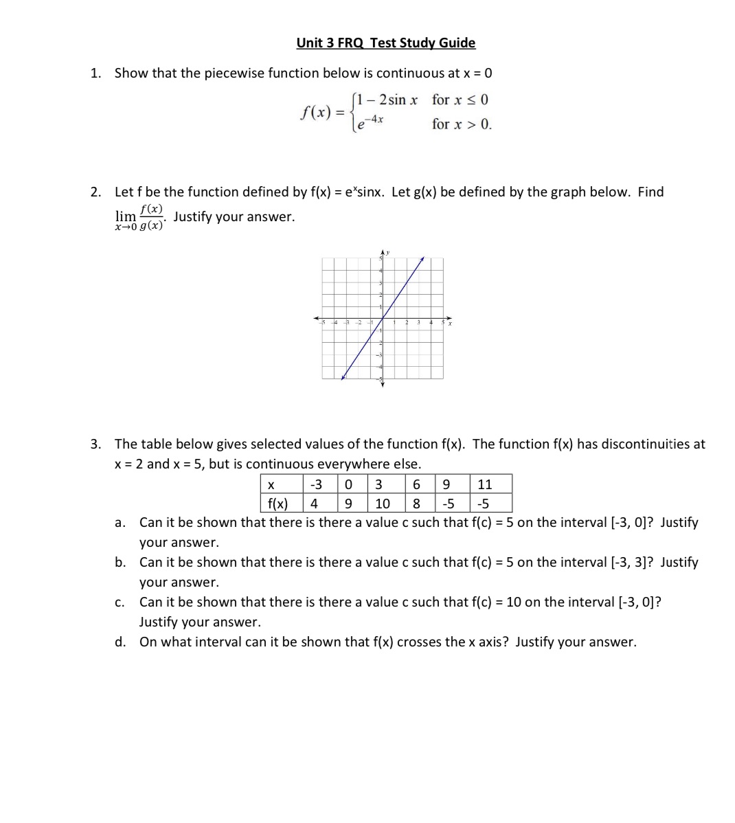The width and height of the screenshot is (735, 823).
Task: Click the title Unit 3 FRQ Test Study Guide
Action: click(x=385, y=43)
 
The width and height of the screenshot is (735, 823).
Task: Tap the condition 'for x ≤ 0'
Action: click(x=460, y=100)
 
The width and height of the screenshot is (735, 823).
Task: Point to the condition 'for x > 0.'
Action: click(x=462, y=124)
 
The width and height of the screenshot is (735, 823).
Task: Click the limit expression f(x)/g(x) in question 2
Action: click(x=140, y=217)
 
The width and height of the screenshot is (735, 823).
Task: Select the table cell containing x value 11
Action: click(x=484, y=484)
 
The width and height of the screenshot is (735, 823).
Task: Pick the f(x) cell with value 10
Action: click(x=382, y=504)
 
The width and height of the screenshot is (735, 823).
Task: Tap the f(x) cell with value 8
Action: click(x=416, y=504)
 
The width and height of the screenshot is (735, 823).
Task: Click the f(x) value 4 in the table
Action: click(x=314, y=504)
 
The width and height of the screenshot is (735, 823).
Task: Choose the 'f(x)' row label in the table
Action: click(x=278, y=504)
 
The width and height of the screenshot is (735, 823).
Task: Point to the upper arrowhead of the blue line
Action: click(x=422, y=259)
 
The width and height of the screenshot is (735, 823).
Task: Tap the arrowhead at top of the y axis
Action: click(x=383, y=255)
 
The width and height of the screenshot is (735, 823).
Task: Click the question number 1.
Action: click(x=96, y=73)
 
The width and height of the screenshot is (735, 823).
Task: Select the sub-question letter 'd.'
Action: click(x=120, y=642)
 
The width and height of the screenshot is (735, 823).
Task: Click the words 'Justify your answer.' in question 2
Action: click(x=234, y=217)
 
